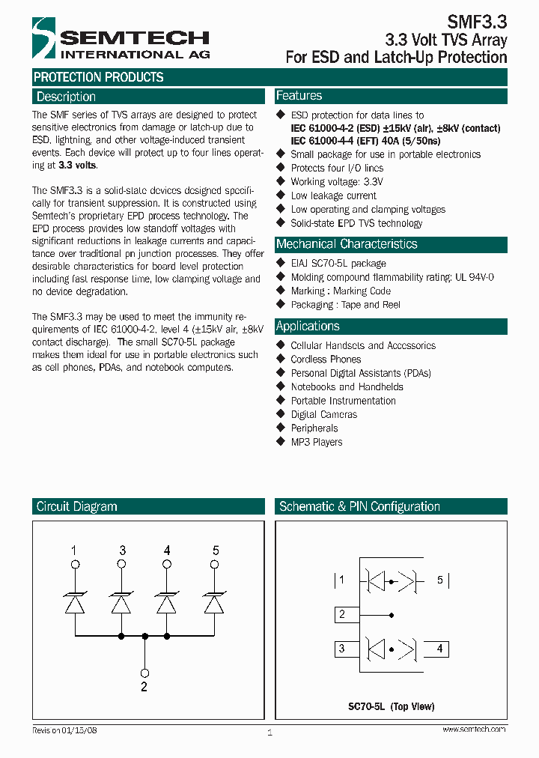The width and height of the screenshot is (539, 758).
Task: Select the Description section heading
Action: click(x=66, y=97)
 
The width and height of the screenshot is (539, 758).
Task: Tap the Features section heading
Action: click(x=299, y=96)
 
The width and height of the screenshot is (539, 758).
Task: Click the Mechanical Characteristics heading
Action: click(x=347, y=244)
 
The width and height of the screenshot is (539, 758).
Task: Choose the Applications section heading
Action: click(x=308, y=327)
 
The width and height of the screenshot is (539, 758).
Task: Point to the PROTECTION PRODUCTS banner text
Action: click(x=98, y=77)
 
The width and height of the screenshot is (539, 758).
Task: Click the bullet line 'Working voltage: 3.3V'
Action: click(x=336, y=182)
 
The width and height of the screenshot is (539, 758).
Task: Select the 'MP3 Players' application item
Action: click(x=316, y=442)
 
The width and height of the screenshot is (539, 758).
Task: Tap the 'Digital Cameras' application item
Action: click(x=323, y=414)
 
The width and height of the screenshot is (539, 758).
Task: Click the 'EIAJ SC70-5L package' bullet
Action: click(x=338, y=263)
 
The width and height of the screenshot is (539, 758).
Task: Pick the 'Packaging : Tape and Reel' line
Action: click(x=345, y=305)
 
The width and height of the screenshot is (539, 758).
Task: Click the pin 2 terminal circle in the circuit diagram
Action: click(x=144, y=673)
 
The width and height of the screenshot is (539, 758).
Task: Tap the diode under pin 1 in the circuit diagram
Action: click(x=73, y=602)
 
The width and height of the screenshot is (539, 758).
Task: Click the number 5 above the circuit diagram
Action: click(x=216, y=551)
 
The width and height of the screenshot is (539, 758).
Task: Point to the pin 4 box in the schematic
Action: click(x=437, y=649)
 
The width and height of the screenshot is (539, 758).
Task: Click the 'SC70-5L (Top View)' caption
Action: click(x=391, y=706)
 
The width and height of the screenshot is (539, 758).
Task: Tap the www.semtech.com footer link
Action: click(x=474, y=730)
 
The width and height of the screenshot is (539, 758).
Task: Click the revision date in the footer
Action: click(x=64, y=730)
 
